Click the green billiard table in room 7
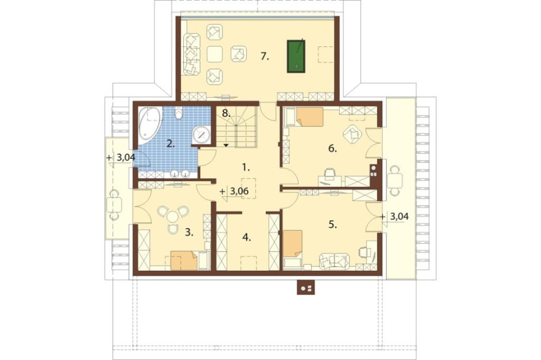pos(296,56)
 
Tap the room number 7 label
pos(265,57)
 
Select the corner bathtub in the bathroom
pos(149,126)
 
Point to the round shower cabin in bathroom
pos(201,135)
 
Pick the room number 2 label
pos(171,143)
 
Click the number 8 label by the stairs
pos(226,112)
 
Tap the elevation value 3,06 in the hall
pos(239,192)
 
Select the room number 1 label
pos(246,168)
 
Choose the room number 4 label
pos(246,237)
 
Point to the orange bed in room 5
pos(293,244)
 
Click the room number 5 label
pos(332,225)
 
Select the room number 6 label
pos(332,149)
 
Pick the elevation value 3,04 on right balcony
pos(399,217)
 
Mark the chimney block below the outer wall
pos(306,287)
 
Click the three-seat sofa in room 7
pos(192,55)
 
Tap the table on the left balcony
pos(114,205)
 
